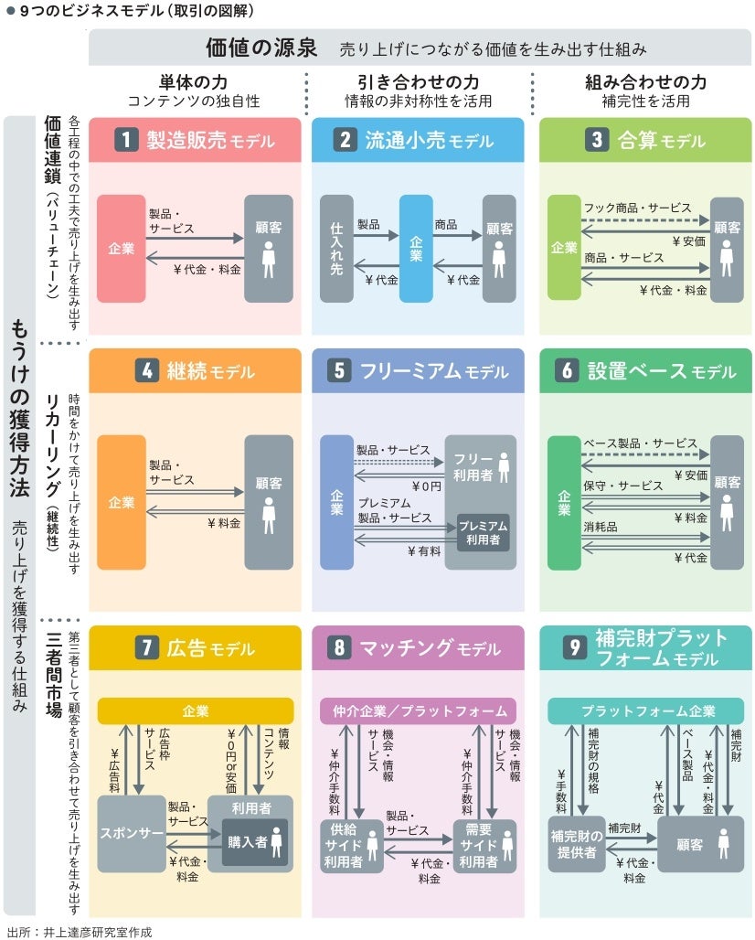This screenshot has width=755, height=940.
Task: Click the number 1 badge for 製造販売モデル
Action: pos(126,140)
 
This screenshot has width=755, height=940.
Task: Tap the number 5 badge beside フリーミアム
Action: pos(339,371)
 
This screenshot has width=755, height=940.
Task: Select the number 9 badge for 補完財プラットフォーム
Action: pos(574,647)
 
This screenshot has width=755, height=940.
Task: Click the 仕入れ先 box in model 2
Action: pos(336,248)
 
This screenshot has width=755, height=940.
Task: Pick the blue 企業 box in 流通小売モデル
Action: pos(416,248)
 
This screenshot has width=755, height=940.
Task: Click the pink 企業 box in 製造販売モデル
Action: pos(121,248)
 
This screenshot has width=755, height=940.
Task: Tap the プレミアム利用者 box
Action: pos(483,533)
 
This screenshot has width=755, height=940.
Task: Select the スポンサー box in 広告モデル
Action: pos(130,834)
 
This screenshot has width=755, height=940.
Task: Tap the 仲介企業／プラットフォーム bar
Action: pos(418,710)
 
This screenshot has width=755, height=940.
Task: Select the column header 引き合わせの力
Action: pos(418,82)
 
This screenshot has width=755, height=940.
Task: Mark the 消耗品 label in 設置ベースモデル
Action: pos(600,528)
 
